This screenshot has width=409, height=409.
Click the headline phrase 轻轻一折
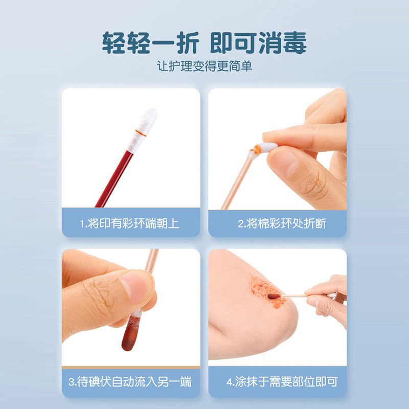(149, 43)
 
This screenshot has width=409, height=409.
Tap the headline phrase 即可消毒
(258, 43)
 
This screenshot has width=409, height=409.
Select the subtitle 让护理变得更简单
(204, 66)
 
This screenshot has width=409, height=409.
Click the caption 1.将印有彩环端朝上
(130, 223)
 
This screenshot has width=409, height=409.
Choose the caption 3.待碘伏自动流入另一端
(130, 381)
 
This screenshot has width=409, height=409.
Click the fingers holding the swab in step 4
(327, 297)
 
